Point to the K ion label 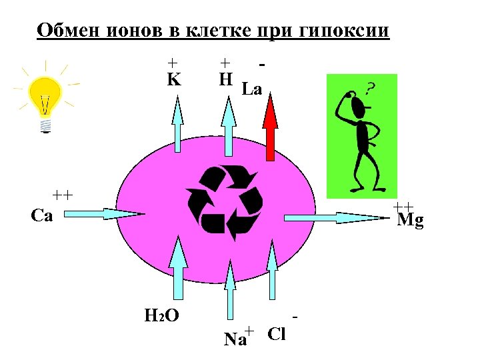point(173,81)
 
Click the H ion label point(226,81)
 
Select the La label point(252,89)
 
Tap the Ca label point(42,216)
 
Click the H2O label point(161,315)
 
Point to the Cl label point(276,334)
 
